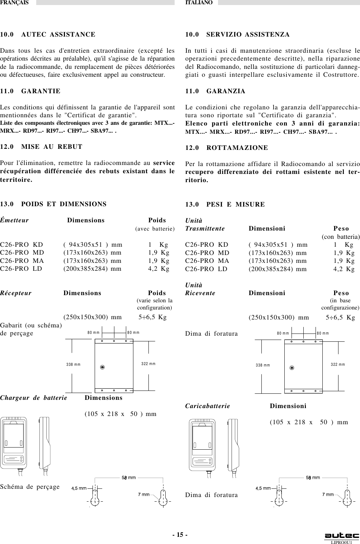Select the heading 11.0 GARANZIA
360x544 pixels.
[x=215, y=91]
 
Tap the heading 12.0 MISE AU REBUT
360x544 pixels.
[x=41, y=147]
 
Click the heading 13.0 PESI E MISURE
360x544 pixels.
[x=225, y=205]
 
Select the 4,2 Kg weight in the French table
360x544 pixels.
[x=159, y=268]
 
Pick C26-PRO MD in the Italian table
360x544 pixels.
[x=207, y=253]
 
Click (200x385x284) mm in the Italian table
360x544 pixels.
[x=278, y=269]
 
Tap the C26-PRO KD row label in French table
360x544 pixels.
[x=22, y=245]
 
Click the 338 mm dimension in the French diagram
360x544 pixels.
[x=74, y=364]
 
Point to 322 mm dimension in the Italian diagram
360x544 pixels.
[x=338, y=364]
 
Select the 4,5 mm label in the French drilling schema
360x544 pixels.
[x=79, y=488]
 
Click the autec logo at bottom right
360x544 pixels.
[x=341, y=536]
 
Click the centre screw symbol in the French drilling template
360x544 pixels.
[x=102, y=367]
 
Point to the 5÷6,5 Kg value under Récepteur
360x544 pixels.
[x=153, y=317]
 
